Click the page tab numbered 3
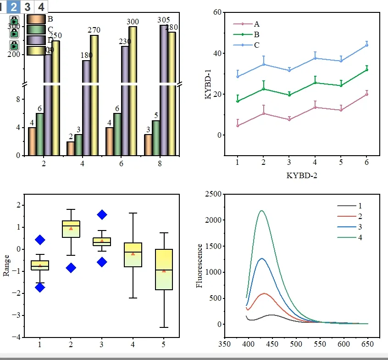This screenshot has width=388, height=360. [28, 7]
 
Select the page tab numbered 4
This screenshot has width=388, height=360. [41, 7]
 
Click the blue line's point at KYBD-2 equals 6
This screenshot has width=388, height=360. [367, 45]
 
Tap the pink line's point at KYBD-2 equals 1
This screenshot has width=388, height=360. [238, 125]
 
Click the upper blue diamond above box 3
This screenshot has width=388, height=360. [102, 214]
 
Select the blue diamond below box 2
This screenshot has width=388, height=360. [71, 268]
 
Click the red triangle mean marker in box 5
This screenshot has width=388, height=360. [164, 271]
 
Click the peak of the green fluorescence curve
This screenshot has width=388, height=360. [262, 211]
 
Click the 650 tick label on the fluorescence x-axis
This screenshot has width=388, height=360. [368, 343]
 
